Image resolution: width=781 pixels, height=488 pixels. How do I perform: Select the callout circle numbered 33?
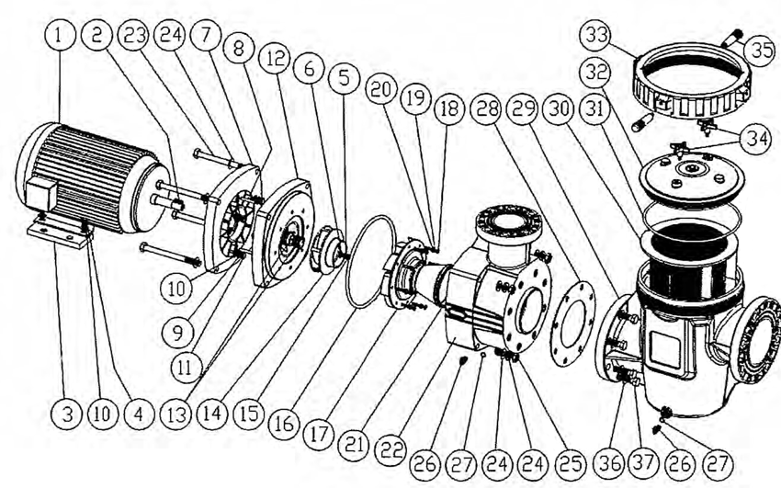click(597, 38)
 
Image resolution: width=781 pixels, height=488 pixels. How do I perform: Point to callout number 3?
click(66, 414)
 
